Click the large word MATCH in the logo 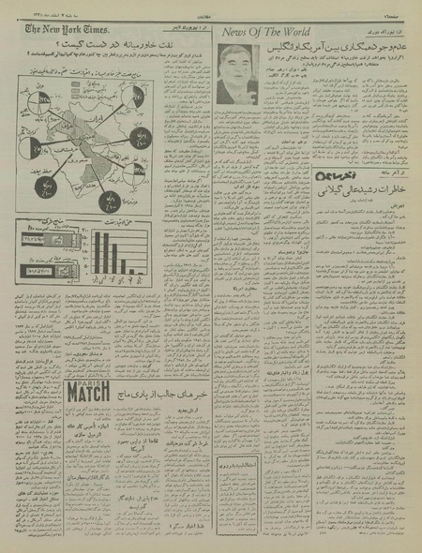point(89,395)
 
